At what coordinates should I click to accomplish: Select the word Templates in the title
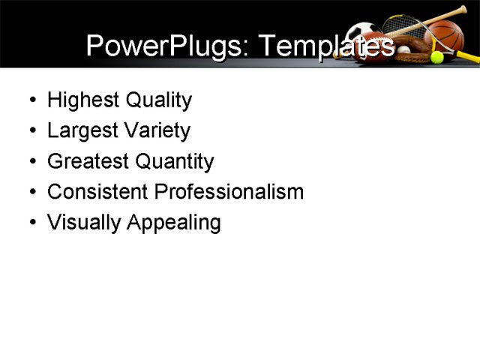tap(326, 46)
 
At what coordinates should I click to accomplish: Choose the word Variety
tap(156, 131)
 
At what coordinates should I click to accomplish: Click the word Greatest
tap(88, 161)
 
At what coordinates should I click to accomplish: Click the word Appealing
tap(174, 223)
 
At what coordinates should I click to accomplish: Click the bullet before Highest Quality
tap(31, 100)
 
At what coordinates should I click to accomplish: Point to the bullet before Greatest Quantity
tap(31, 162)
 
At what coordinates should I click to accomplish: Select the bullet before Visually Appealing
tap(31, 223)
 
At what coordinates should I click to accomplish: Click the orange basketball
tap(448, 35)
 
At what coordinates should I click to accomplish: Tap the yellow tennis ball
tap(436, 57)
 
